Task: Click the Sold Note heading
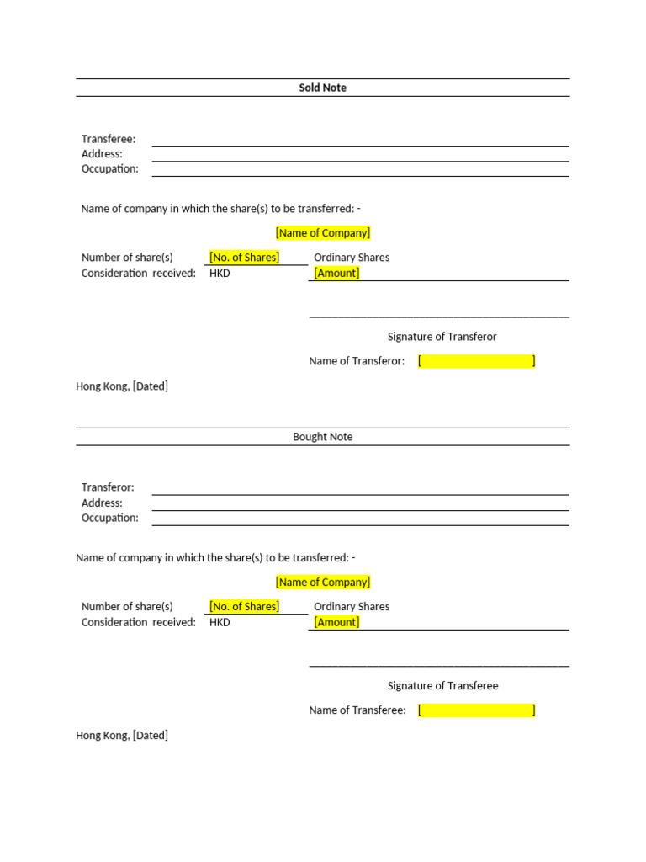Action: pos(322,88)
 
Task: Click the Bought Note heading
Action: pos(322,437)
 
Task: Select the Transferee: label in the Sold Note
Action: pos(109,139)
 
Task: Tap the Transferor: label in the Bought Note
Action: pos(108,487)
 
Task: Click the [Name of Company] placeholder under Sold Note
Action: pos(322,233)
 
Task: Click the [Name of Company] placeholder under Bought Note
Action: pos(322,582)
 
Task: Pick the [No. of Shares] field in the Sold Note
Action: pos(244,258)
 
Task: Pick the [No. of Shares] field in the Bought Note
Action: pos(244,606)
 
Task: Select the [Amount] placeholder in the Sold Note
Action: pos(336,273)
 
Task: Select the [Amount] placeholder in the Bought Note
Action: pos(336,622)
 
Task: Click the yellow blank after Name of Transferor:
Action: pos(476,361)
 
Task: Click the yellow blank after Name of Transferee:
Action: pos(476,710)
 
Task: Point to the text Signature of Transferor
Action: pos(442,337)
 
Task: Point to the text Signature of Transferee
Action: pos(442,686)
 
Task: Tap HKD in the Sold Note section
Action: pos(220,273)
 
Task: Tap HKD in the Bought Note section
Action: pos(220,622)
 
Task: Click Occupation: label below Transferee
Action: pos(110,168)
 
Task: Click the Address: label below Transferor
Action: pos(102,503)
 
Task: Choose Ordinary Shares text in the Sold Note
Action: pos(352,258)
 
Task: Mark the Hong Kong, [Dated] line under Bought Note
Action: pos(122,735)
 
